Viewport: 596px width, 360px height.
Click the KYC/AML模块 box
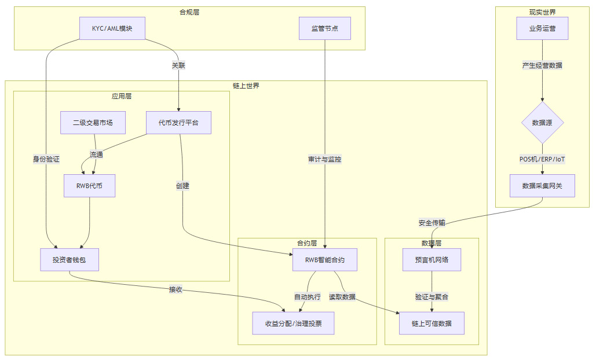(x=112, y=28)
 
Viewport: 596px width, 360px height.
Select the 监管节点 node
(x=325, y=28)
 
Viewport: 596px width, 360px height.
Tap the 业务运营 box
(x=542, y=28)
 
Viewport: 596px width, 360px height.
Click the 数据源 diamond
(x=542, y=123)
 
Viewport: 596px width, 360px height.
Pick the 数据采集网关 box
(x=542, y=186)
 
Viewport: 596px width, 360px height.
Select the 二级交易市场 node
(x=93, y=123)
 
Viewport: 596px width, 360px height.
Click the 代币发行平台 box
(x=178, y=123)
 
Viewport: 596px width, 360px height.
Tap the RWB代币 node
(x=89, y=186)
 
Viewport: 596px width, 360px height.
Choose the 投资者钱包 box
(x=70, y=260)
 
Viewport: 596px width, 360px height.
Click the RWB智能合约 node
(x=325, y=260)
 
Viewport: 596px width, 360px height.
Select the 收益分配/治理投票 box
(x=293, y=323)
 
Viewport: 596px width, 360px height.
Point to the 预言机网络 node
(x=432, y=260)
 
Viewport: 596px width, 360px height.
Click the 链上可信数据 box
(x=432, y=323)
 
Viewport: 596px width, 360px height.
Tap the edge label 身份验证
(x=46, y=159)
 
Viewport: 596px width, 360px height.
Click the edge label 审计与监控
(x=325, y=159)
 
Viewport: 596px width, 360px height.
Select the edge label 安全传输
(x=432, y=223)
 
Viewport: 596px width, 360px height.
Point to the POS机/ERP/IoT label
(x=542, y=159)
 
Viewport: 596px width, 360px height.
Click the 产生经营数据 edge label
(x=542, y=65)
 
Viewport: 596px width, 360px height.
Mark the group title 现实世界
(x=542, y=12)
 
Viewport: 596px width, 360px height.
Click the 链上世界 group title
(x=246, y=86)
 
